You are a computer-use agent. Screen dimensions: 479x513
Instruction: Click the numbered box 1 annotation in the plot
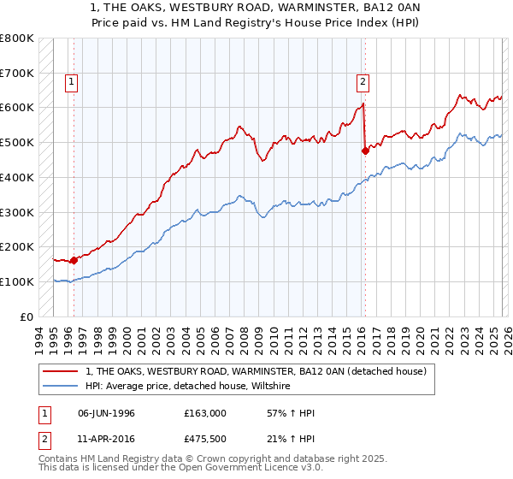point(70,82)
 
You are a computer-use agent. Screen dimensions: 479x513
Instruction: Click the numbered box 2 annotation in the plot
point(363,82)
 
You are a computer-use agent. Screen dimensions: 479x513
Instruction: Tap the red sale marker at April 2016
point(365,151)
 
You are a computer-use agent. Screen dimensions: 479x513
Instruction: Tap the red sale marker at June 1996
point(74,259)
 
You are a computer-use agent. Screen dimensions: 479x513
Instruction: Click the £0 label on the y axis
point(27,316)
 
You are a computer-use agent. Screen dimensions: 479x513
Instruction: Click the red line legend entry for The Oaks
point(262,370)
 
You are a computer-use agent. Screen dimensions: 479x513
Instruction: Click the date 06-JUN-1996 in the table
point(106,412)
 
